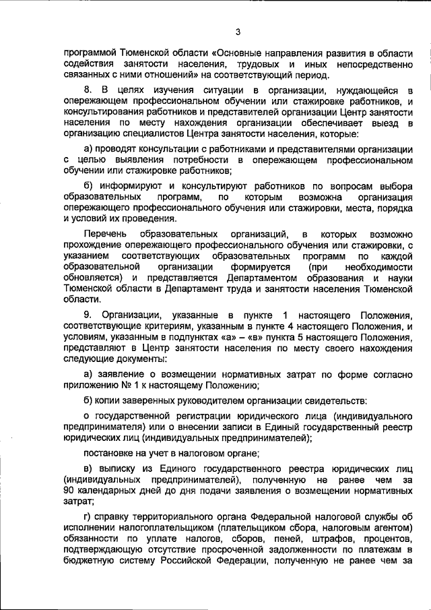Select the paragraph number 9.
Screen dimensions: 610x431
pos(87,315)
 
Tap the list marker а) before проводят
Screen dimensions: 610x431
pos(88,148)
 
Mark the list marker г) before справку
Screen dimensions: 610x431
pos(88,517)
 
